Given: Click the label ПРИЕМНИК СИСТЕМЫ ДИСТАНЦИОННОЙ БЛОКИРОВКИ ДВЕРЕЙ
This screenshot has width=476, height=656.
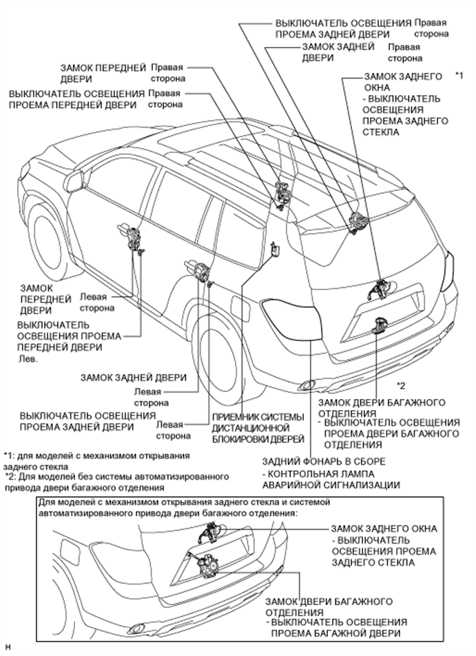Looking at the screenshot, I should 258,427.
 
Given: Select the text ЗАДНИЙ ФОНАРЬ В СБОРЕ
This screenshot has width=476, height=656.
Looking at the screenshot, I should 323,461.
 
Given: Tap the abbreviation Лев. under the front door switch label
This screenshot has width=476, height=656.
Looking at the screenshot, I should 28,359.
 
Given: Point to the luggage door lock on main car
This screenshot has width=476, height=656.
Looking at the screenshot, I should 382,325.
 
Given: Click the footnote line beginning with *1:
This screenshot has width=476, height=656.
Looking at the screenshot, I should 96,461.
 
